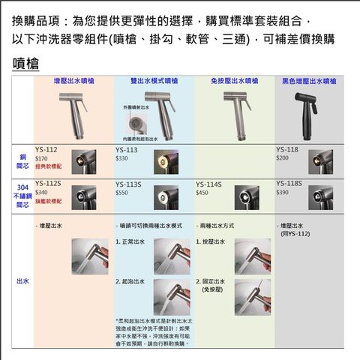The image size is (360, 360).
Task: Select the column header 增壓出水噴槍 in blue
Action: tap(73, 80)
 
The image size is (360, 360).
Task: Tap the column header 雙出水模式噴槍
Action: tap(154, 80)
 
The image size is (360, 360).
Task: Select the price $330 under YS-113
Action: tap(121, 159)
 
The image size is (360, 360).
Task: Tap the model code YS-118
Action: tap(287, 149)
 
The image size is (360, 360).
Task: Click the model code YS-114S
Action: tap(208, 184)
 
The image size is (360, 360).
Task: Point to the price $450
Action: tap(202, 193)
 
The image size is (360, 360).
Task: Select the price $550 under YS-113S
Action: tap(121, 193)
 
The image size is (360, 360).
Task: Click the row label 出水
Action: tap(22, 280)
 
